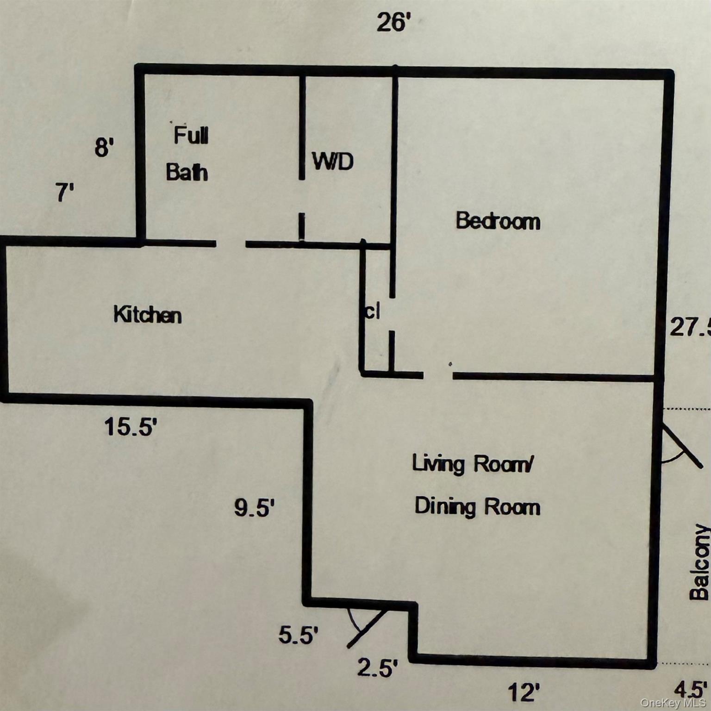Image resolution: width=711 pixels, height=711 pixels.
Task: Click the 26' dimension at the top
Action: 393,22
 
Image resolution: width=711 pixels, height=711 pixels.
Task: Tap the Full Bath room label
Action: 188,154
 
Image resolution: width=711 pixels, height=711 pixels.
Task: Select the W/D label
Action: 333,161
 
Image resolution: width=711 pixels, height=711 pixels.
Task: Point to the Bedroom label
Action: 498,221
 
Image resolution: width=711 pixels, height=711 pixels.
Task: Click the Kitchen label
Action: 148,315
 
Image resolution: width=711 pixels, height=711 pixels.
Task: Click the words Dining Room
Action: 477,506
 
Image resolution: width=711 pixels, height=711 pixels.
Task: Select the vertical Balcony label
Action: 699,562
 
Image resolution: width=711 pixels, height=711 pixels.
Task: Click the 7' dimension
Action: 65,193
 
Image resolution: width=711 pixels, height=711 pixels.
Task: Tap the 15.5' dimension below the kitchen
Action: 131,426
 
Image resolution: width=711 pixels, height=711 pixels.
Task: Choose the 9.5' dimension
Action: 255,508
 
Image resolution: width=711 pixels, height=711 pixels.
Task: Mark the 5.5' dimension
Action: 299,635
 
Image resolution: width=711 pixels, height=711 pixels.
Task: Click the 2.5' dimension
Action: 377,668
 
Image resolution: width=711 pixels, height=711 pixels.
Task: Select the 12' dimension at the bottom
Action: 524,693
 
